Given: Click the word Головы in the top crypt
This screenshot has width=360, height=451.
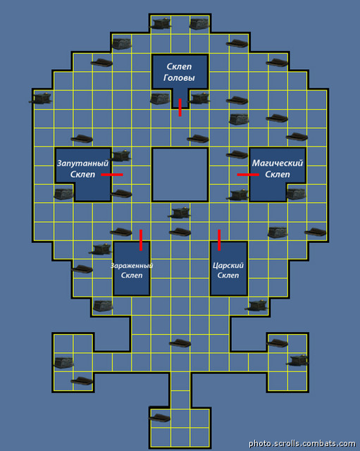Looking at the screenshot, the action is [x=179, y=78].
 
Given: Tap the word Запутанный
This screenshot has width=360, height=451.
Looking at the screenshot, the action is [x=83, y=163].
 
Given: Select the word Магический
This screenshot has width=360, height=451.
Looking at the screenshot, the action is [x=278, y=163].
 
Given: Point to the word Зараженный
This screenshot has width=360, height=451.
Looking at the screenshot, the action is [x=132, y=266].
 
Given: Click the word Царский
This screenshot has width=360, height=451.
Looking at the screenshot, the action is [x=228, y=265].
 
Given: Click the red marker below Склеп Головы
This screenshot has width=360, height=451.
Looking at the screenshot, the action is [x=180, y=108].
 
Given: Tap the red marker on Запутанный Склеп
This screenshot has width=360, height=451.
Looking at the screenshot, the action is [x=112, y=175].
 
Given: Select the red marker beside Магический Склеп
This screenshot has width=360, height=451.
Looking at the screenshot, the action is [x=248, y=175].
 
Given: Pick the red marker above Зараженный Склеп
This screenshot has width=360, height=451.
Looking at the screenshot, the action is [x=141, y=240].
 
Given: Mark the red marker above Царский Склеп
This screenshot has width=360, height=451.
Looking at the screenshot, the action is [x=219, y=240].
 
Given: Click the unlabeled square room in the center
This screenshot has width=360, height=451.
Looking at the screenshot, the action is [x=180, y=175].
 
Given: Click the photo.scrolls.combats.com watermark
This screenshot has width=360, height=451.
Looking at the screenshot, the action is [x=302, y=443].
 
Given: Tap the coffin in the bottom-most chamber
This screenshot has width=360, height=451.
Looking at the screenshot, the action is [x=160, y=418].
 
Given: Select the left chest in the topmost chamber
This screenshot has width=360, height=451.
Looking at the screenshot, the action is [x=160, y=23].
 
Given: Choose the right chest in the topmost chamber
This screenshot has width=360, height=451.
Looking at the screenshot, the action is [x=199, y=23].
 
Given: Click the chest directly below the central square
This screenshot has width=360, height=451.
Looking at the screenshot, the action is [x=179, y=213].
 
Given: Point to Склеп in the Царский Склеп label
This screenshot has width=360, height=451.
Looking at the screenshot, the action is [x=228, y=276].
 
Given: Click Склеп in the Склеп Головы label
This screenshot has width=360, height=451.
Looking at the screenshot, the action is [x=179, y=66].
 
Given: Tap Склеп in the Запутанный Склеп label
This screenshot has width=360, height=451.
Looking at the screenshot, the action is [x=83, y=174].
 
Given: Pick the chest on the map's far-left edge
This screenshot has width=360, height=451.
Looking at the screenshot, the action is [x=41, y=99].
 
